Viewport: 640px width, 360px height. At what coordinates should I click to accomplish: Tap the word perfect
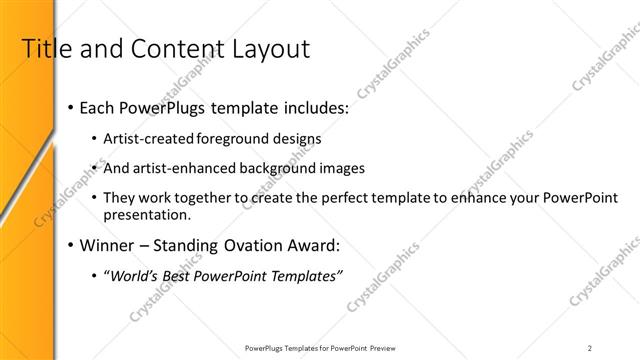point(313,198)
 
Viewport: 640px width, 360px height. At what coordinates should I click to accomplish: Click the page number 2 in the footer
point(590,347)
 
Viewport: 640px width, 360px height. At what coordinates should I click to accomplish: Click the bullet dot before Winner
point(70,245)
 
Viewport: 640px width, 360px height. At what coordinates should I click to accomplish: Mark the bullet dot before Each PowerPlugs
point(70,107)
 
